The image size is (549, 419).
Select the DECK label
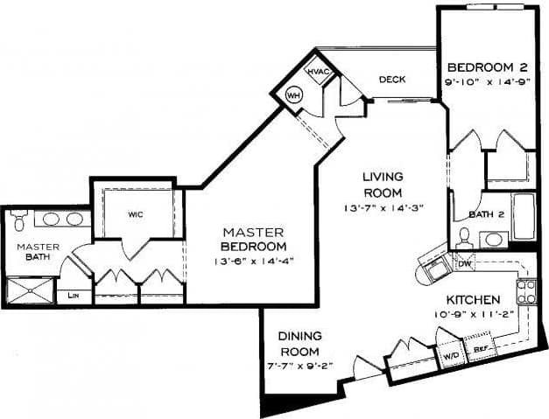(391, 80)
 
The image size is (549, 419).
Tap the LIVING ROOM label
(383, 185)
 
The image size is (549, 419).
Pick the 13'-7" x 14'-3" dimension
(383, 207)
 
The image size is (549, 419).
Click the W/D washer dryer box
(452, 356)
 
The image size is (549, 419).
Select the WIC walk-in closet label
(135, 213)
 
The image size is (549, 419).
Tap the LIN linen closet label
(74, 297)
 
